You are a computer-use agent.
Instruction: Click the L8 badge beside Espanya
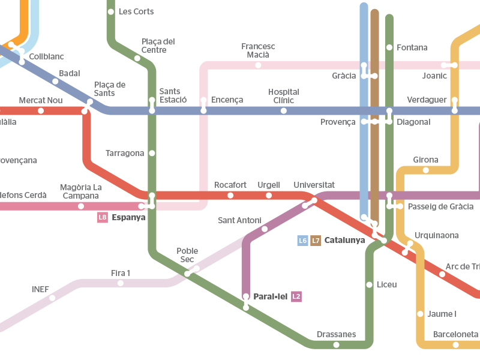pyautogui.click(x=103, y=217)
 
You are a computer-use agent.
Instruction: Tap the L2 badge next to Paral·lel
pyautogui.click(x=296, y=296)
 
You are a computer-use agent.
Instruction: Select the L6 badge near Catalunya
pyautogui.click(x=303, y=241)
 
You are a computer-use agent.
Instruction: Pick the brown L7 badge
pyautogui.click(x=316, y=241)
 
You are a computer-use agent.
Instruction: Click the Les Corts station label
pyautogui.click(x=136, y=11)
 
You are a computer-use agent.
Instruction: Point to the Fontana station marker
pyautogui.click(x=389, y=47)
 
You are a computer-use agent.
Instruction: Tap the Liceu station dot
pyautogui.click(x=369, y=284)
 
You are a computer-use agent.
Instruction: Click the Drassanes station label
pyautogui.click(x=336, y=334)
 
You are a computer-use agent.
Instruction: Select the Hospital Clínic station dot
pyautogui.click(x=284, y=110)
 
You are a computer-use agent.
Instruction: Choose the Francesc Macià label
pyautogui.click(x=258, y=50)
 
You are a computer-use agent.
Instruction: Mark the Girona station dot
pyautogui.click(x=426, y=170)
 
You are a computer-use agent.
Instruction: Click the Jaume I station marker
pyautogui.click(x=420, y=314)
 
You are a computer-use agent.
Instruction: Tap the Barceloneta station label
pyautogui.click(x=455, y=334)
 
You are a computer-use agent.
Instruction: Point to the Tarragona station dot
pyautogui.click(x=152, y=153)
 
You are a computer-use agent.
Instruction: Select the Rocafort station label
pyautogui.click(x=230, y=185)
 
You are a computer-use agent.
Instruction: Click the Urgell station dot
pyautogui.click(x=269, y=195)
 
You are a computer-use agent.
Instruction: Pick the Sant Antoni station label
pyautogui.click(x=239, y=220)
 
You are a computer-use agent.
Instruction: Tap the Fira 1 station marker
pyautogui.click(x=121, y=283)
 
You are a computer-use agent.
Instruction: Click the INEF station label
pyautogui.click(x=40, y=289)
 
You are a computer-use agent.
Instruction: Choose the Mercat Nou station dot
pyautogui.click(x=41, y=110)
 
